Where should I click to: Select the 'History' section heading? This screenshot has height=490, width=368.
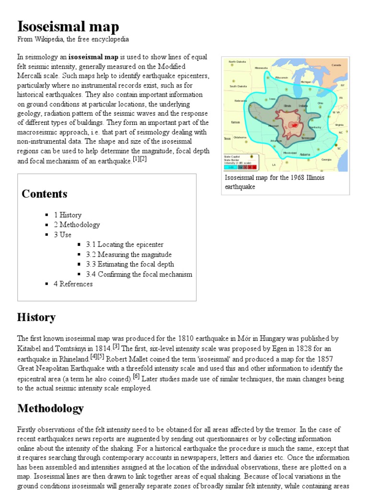click(x=36, y=317)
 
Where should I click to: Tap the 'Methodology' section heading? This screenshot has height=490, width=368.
click(x=50, y=408)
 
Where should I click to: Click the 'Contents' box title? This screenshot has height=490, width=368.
click(x=45, y=194)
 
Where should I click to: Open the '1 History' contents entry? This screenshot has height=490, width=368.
click(x=68, y=215)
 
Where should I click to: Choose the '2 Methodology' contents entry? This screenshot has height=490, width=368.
click(x=77, y=224)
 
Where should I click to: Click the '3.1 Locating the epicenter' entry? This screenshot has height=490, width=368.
click(x=125, y=245)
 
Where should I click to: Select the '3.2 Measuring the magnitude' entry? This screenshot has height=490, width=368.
click(x=128, y=255)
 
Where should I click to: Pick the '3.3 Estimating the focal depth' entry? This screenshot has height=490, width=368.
click(x=130, y=264)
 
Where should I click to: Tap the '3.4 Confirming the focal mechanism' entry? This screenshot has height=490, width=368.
click(x=139, y=274)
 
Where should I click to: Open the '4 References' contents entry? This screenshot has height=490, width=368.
click(x=73, y=284)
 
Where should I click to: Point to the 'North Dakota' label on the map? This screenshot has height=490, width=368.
click(x=237, y=62)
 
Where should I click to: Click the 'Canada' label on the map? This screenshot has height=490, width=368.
click(x=336, y=65)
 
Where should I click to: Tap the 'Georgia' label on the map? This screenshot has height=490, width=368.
click(x=326, y=159)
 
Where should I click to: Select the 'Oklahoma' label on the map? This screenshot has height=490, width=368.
click(x=240, y=137)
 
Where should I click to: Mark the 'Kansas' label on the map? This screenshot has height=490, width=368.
click(x=235, y=122)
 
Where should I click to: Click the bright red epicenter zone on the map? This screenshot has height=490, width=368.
click(x=295, y=125)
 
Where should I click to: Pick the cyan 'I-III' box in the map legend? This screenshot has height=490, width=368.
click(x=231, y=167)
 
